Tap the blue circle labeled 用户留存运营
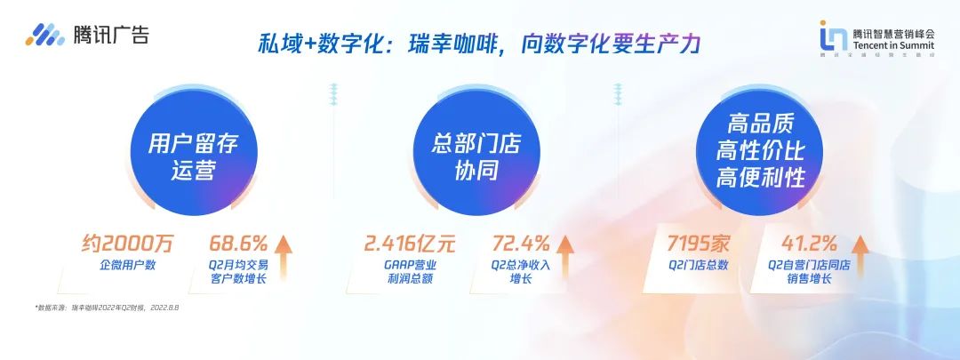tap(193, 156)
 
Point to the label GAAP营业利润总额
tap(414, 272)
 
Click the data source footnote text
tap(108, 308)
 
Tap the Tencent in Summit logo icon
tap(833, 36)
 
